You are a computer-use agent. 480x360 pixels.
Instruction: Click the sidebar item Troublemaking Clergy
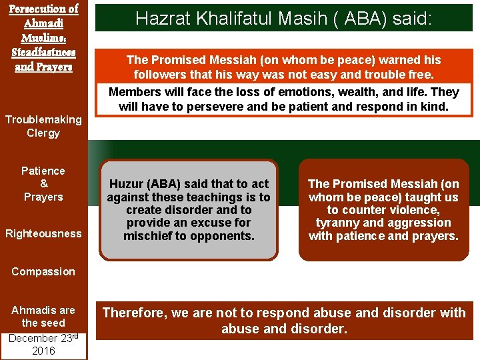point(43,126)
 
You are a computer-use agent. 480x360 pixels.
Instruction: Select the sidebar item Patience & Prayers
point(43,183)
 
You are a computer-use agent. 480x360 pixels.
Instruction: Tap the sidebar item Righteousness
point(43,233)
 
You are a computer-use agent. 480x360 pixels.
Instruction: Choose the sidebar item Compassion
point(43,271)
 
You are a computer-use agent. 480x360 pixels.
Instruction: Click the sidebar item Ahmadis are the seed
point(43,316)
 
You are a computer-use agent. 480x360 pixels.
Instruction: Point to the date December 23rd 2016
point(43,344)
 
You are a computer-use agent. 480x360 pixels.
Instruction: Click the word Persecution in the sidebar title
point(43,9)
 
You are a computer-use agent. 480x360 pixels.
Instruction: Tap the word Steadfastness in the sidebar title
point(43,52)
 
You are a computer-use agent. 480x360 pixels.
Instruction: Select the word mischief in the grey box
point(152,236)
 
